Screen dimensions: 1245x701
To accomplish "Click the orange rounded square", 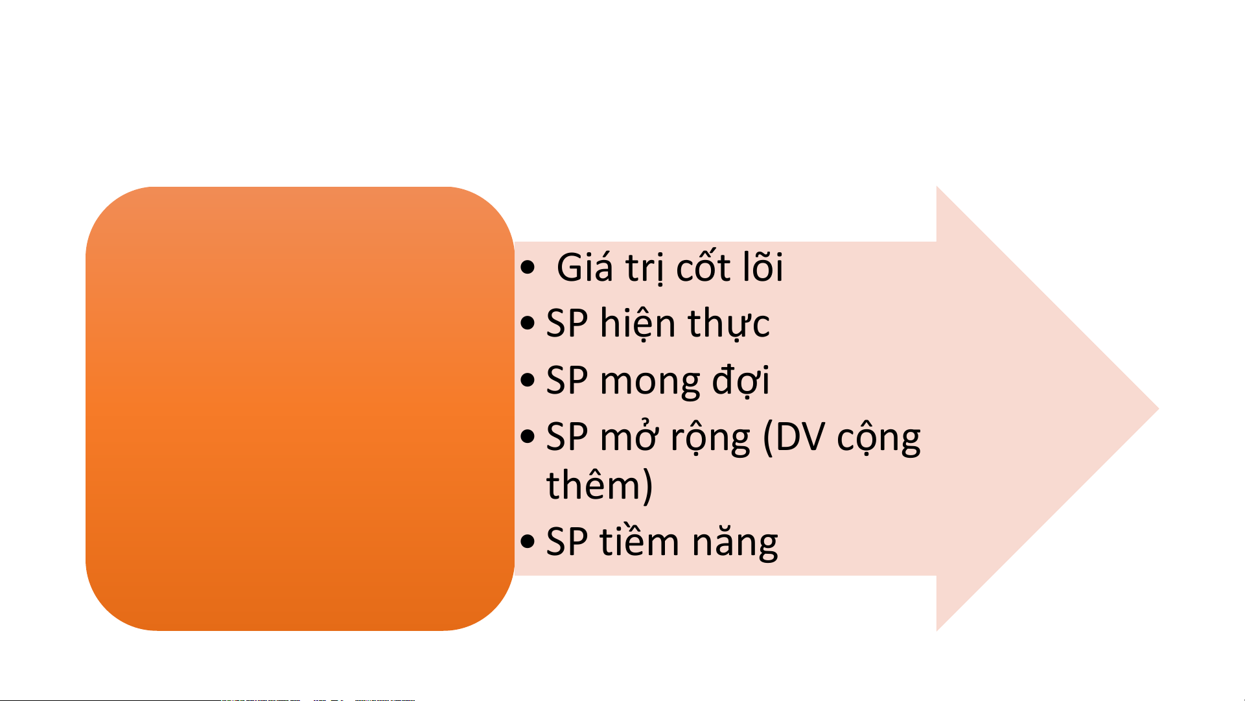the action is pos(300,409).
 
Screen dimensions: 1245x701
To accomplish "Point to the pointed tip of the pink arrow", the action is pos(1158,409).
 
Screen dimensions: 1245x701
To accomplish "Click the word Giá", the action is pos(585,267).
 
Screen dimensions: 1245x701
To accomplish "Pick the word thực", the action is pos(729,323).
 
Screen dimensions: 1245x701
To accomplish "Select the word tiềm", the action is pos(639,541).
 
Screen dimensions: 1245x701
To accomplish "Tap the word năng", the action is pos(734,542).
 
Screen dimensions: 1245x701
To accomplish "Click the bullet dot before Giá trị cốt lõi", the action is pos(528,267).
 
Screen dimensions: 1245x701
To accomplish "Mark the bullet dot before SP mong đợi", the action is pos(528,380).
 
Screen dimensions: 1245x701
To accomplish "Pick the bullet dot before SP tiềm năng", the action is pos(528,541).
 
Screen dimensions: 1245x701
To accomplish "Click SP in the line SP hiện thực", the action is pos(567,323).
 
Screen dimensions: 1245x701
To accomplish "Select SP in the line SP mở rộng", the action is pos(567,437).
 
